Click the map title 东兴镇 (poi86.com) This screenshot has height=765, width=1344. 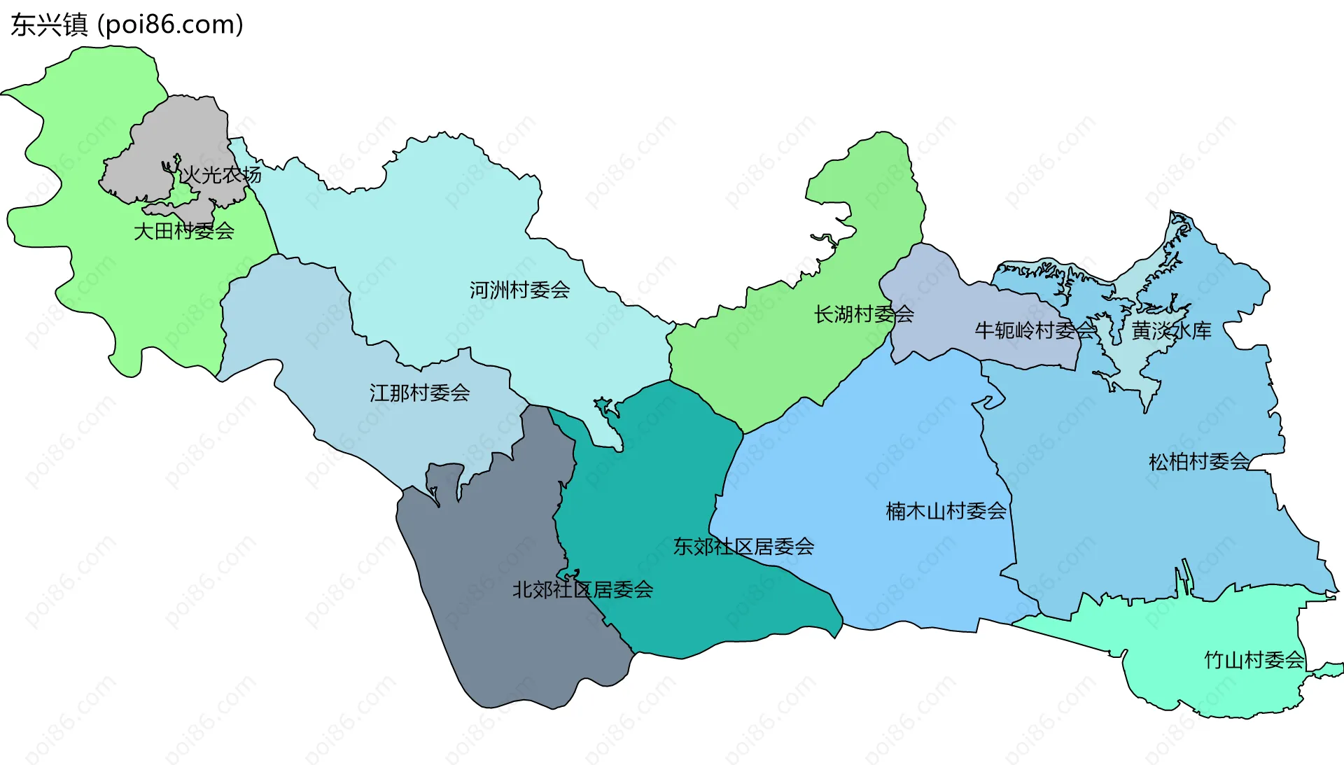(127, 25)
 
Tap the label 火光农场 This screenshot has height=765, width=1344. (221, 175)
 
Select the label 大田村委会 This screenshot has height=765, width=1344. (183, 231)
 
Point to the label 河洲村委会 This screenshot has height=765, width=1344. (519, 290)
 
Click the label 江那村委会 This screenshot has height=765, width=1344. (419, 393)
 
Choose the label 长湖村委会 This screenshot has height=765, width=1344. (863, 314)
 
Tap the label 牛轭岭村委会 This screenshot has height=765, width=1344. (1035, 330)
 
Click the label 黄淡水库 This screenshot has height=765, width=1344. (1171, 330)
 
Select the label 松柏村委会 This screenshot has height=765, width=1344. (1198, 461)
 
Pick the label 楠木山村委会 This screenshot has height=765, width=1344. (946, 511)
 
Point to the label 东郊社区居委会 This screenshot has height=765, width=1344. (743, 547)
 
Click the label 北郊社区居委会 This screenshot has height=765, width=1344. (582, 589)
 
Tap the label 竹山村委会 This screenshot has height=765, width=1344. (1254, 659)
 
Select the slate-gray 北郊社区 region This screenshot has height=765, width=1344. (490, 630)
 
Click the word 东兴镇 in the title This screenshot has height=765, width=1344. (49, 25)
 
